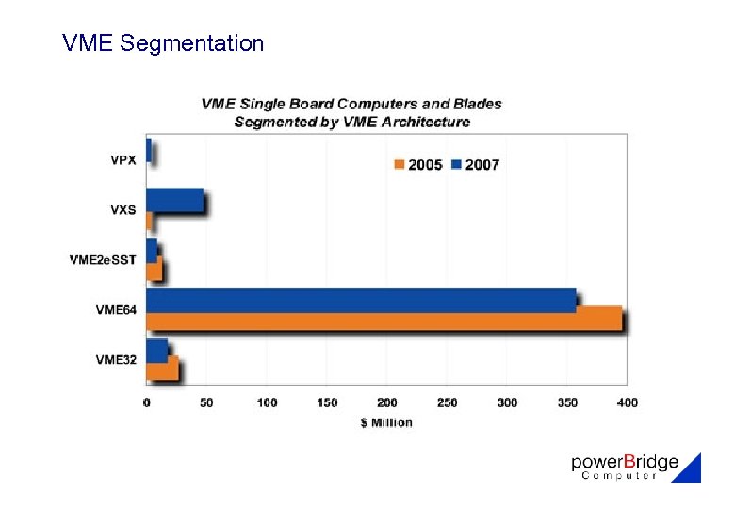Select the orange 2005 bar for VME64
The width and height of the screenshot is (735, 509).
click(x=384, y=320)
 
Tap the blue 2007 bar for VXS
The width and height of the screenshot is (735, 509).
click(x=174, y=200)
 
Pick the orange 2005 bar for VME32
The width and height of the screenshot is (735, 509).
click(x=161, y=369)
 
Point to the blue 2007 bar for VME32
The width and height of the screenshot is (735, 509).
click(x=156, y=350)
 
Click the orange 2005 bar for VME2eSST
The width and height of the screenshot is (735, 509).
click(x=155, y=270)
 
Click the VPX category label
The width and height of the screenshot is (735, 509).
click(x=123, y=160)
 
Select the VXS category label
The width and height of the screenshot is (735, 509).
click(x=123, y=209)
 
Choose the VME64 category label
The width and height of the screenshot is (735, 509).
click(x=116, y=309)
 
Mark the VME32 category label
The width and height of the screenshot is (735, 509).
click(x=116, y=359)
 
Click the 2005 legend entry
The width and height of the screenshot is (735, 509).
click(x=417, y=165)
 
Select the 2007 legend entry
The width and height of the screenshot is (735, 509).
click(x=475, y=165)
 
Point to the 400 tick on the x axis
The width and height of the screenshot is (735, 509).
click(x=628, y=402)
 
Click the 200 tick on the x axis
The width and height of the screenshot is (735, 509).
click(x=387, y=402)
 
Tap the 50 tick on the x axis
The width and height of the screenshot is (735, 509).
click(x=206, y=402)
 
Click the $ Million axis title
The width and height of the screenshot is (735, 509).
click(x=386, y=422)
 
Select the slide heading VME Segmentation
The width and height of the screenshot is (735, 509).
click(x=163, y=43)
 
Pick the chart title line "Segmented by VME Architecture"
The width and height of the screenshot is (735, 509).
click(x=351, y=122)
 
